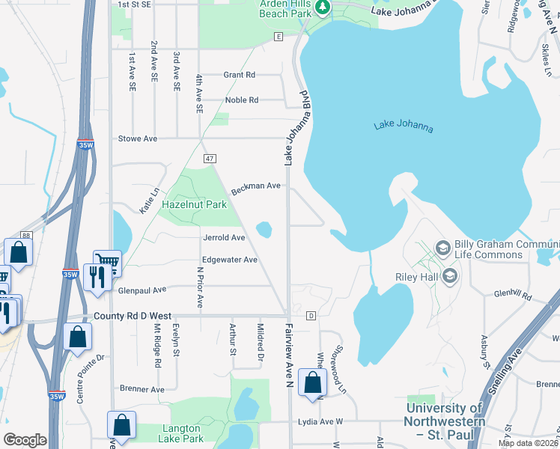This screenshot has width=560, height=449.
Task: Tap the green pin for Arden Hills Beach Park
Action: [323, 7]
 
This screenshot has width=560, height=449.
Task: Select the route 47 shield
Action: [210, 159]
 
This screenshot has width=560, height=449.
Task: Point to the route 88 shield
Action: [27, 236]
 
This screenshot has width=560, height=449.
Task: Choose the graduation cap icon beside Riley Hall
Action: [449, 277]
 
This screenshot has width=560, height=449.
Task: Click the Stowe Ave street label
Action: [138, 138]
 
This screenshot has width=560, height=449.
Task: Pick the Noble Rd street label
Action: [241, 100]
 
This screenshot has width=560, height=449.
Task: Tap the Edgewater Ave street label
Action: [230, 260]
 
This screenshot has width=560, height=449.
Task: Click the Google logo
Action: [25, 440]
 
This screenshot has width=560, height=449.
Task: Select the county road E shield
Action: [278, 36]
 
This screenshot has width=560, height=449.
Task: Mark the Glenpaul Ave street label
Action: [141, 290]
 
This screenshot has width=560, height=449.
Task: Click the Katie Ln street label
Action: [150, 201]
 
